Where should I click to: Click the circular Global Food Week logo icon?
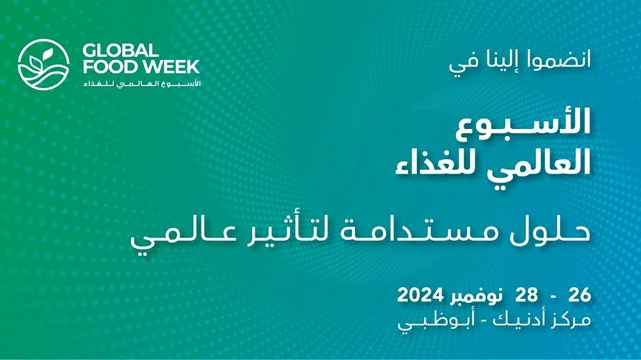coord(44,63)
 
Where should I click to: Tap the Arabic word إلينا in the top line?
coord(497,63)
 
